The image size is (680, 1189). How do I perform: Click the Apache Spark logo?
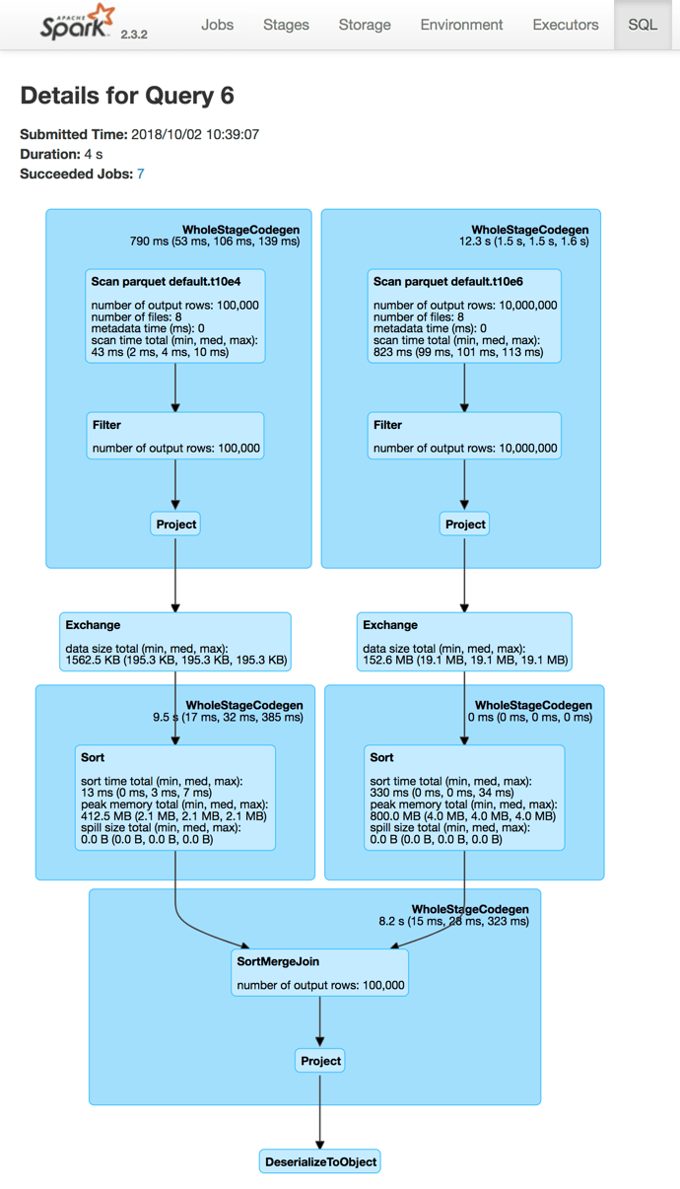pos(77,24)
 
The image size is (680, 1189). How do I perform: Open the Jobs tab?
pos(217,25)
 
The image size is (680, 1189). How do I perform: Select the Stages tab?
pos(286,25)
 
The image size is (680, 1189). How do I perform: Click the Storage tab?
pos(365,25)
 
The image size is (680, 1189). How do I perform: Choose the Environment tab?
pos(461,25)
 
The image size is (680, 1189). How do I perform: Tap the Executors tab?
pos(565,25)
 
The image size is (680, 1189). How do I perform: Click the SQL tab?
pos(643,25)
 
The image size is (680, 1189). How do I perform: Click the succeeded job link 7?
pos(141,174)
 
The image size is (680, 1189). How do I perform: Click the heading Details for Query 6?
pos(127,96)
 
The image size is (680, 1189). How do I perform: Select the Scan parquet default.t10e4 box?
pos(175,315)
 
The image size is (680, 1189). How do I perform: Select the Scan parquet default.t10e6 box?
pos(464,315)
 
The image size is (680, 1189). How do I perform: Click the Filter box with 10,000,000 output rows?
pos(464,436)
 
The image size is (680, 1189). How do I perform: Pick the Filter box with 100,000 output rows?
pos(175,436)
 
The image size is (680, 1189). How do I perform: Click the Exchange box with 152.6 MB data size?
pos(464,642)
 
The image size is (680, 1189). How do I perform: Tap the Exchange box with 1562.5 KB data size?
pos(175,642)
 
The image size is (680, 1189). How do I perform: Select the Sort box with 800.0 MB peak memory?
pos(464,798)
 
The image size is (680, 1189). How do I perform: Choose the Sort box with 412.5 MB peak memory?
pos(175,798)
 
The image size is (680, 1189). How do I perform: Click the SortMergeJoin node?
pos(320,973)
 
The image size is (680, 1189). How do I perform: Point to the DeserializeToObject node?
pos(320,1161)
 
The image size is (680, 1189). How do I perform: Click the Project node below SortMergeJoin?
pos(320,1061)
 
